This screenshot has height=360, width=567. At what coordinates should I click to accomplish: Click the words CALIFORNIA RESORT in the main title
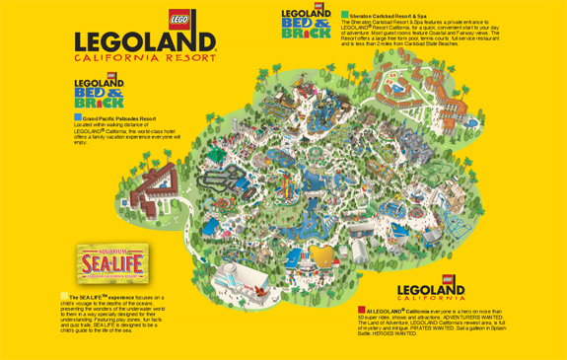tap(144, 58)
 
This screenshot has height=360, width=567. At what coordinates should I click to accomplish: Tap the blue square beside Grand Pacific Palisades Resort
tap(78, 117)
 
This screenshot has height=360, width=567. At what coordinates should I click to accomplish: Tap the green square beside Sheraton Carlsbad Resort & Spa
tap(345, 15)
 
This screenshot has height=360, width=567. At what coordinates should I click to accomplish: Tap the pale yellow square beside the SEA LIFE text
tap(64, 295)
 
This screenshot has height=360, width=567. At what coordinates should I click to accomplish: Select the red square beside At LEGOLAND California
tap(362, 310)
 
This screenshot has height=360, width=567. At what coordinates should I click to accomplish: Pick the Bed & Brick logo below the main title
tap(99, 91)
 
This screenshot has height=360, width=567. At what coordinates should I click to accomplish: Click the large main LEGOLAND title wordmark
tap(145, 40)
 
